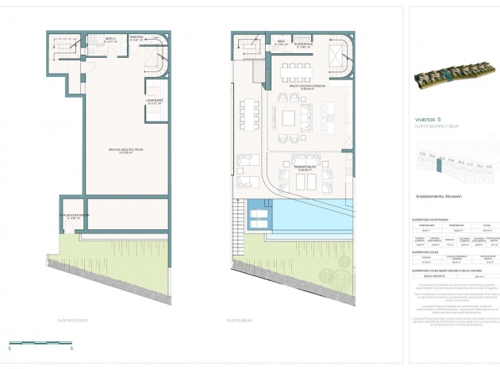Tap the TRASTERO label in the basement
pos(137,37)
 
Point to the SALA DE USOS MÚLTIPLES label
pos(120,152)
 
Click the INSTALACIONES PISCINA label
pos(66,215)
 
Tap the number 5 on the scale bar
pos(72,348)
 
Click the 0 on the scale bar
pos(10,348)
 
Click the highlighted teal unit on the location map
pos(440,164)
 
